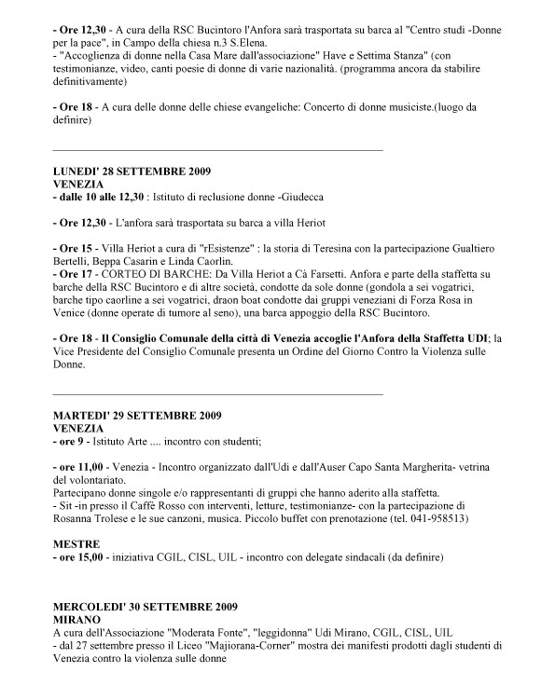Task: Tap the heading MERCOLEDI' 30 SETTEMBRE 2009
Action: click(145, 603)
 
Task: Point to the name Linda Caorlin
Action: click(192, 263)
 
